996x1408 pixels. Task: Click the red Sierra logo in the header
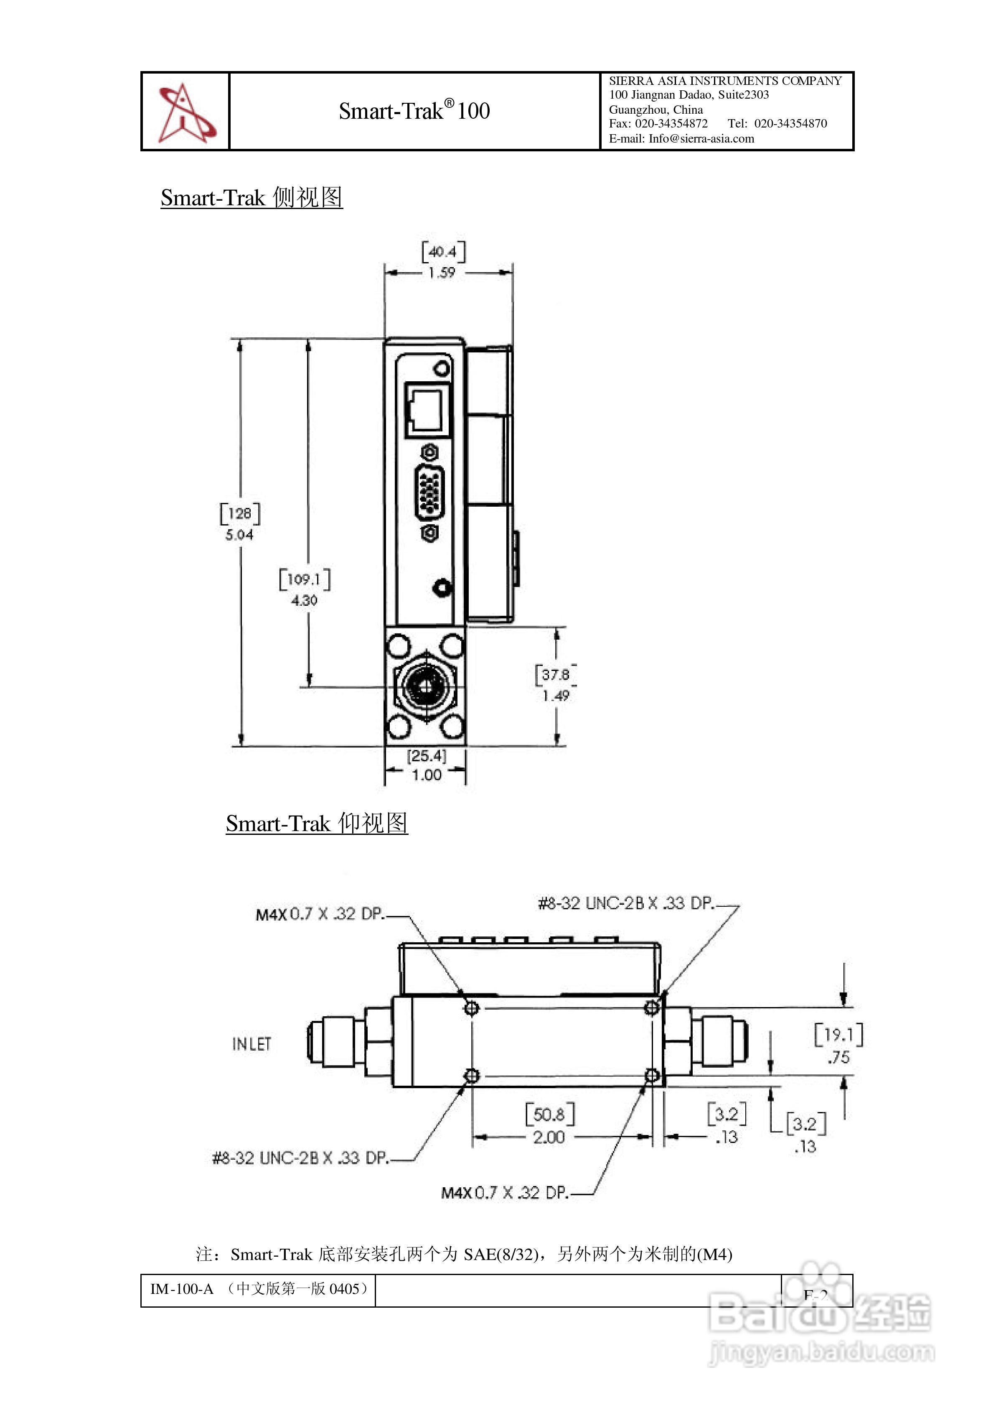185,112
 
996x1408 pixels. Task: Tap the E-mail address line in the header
681,139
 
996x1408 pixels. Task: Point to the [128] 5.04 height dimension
239,523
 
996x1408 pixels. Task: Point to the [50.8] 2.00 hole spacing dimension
549,1125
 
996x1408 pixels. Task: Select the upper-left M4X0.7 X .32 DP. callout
320,914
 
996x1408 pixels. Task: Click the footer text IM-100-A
182,1288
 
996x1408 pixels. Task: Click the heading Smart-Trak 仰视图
316,823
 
